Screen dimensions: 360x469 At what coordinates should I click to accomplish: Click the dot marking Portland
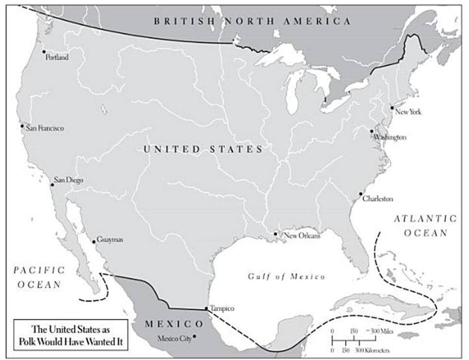(44, 52)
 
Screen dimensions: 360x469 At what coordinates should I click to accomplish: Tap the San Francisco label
(44, 129)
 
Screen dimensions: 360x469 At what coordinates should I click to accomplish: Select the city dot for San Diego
(53, 185)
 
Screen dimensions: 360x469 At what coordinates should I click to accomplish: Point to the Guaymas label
(110, 240)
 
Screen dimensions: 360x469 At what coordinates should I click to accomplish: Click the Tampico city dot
(206, 308)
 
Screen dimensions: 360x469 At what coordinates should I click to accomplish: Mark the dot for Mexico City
(194, 336)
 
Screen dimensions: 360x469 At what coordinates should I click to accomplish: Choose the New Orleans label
(302, 236)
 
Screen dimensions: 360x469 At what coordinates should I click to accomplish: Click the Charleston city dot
(361, 194)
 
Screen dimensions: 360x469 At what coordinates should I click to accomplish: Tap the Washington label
(390, 137)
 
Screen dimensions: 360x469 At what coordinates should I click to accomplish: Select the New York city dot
(392, 108)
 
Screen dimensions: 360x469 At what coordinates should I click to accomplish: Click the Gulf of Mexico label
(287, 276)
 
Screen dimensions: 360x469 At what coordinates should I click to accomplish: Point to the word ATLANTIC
(426, 219)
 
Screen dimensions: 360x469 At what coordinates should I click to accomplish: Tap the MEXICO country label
(174, 324)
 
